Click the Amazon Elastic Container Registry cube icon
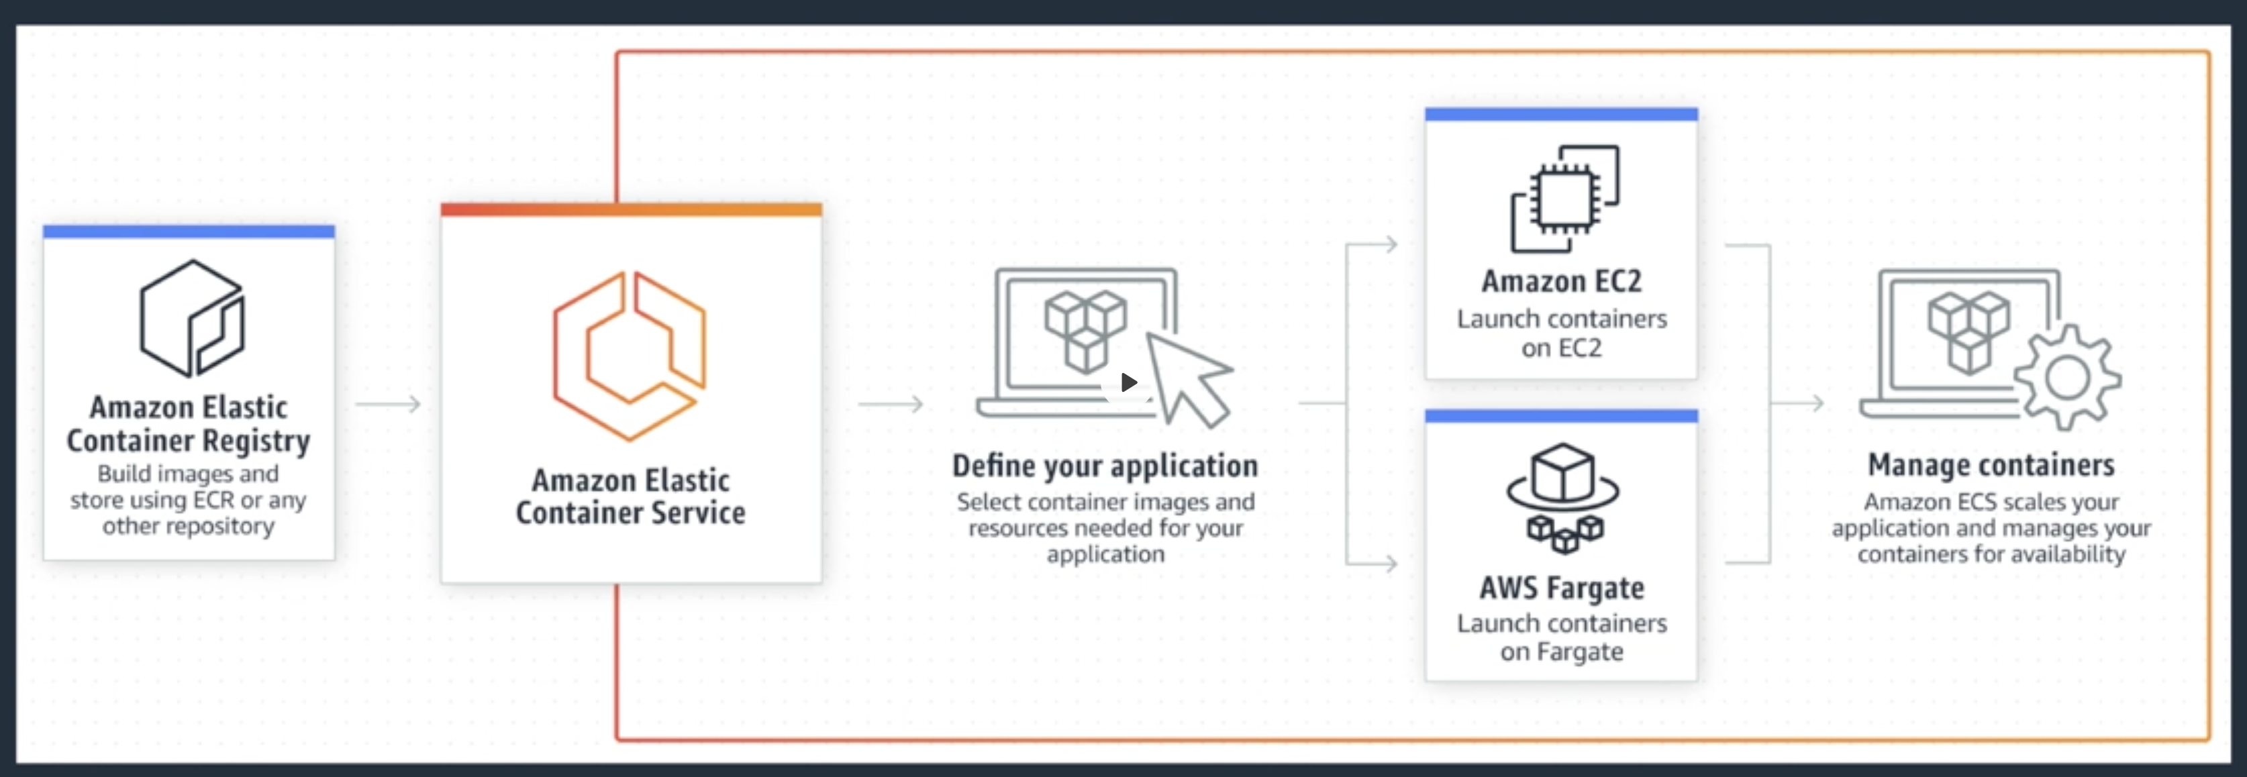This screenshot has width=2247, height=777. coord(193,318)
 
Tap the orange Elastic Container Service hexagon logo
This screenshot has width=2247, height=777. coord(629,356)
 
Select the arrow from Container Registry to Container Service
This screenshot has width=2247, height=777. coord(388,404)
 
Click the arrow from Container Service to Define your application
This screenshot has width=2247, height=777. coord(891,404)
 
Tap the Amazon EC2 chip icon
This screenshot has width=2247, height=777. coord(1565,199)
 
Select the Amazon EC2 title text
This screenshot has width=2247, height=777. coord(1561,280)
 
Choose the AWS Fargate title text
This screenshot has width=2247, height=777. coord(1561,588)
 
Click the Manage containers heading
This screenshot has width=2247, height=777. coord(1991,465)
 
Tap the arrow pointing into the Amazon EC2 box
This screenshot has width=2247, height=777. coord(1372,245)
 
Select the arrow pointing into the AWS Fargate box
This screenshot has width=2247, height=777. coord(1372,564)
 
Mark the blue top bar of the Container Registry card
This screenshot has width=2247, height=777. coord(189,231)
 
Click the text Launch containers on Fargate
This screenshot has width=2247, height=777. coord(1561,637)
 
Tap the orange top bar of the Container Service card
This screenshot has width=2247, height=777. coord(631,209)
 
